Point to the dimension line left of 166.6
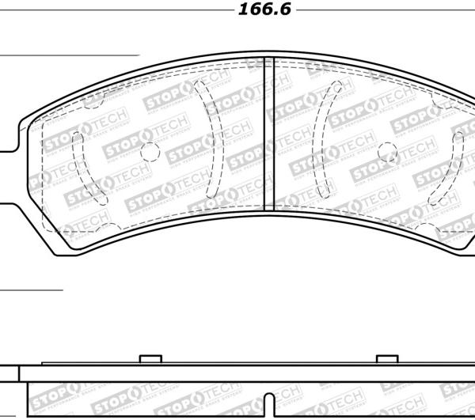(119, 10)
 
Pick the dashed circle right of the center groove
(386, 152)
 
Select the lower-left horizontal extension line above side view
(32, 290)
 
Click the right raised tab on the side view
(386, 360)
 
